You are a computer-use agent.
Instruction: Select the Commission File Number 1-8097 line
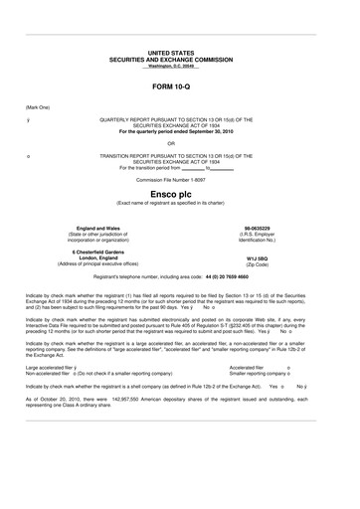coord(179,180)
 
